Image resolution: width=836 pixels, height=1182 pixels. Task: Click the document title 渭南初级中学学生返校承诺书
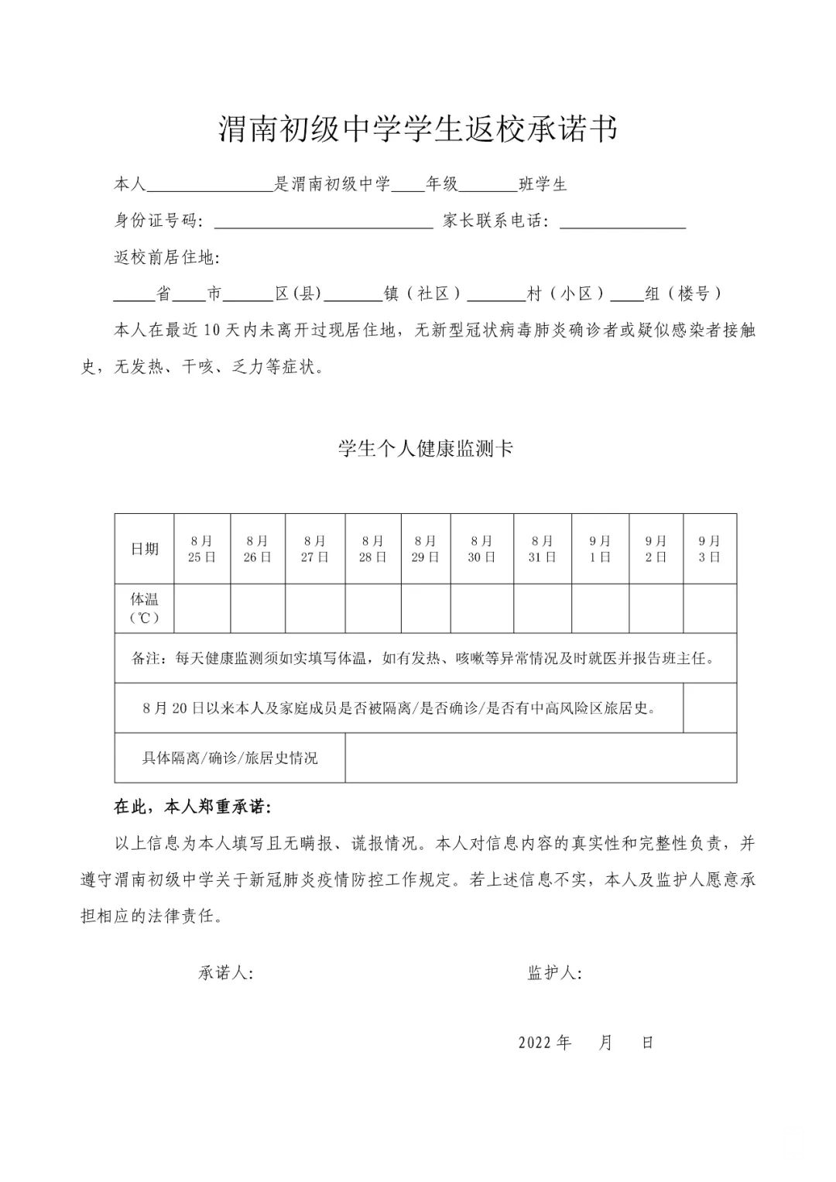418,130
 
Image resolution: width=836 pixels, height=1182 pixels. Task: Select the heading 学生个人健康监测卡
426,449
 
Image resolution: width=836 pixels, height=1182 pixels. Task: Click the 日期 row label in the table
145,549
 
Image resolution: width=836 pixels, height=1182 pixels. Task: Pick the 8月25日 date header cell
202,549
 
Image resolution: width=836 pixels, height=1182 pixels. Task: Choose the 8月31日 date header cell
543,549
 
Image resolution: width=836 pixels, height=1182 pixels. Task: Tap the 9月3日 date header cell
709,549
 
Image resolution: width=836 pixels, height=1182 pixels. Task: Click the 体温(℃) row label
145,608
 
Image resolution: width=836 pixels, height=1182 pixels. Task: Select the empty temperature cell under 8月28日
372,608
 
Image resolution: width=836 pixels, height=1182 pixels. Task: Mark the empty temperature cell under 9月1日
600,608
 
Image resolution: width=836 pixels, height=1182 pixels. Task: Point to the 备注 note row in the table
424,659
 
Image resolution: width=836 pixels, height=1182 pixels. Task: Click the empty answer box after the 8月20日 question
709,707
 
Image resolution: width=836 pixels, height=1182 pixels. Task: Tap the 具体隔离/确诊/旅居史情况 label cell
230,758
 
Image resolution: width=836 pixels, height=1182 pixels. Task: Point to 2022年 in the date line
545,1043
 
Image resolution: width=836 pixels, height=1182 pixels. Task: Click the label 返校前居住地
167,258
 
